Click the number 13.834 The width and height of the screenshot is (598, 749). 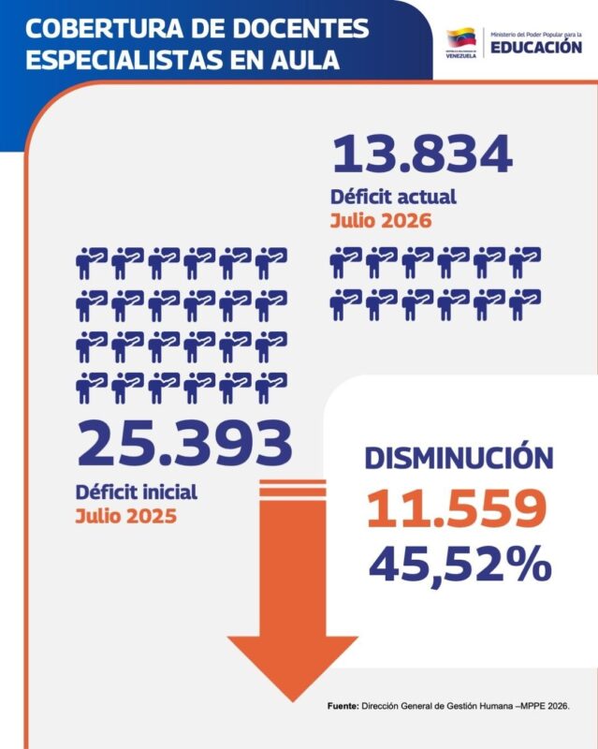tap(422, 154)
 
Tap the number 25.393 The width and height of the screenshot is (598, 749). tap(184, 443)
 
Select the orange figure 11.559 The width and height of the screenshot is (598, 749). tap(457, 508)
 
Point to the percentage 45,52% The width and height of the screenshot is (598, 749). tap(460, 564)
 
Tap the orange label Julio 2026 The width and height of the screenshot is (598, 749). tap(381, 221)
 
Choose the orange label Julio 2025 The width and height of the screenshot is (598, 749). tap(126, 516)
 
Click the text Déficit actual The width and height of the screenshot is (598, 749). tap(393, 197)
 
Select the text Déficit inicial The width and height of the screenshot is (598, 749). tap(136, 492)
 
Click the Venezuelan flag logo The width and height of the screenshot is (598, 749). tap(461, 38)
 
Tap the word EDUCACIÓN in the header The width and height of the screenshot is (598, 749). tap(536, 47)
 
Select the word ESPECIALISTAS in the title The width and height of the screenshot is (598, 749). tap(125, 60)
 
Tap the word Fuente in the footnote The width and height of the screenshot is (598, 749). tap(343, 706)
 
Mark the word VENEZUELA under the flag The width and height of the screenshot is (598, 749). tap(461, 55)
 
